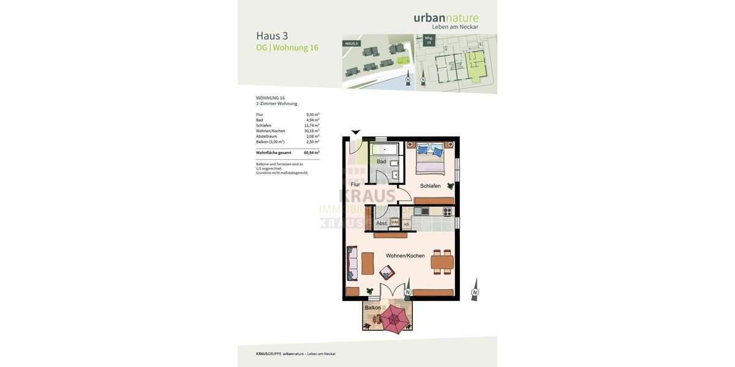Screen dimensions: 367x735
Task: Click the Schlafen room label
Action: [x=430, y=186]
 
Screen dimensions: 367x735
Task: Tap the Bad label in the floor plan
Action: [x=382, y=161]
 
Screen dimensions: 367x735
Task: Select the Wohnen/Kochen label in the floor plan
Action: [x=405, y=256]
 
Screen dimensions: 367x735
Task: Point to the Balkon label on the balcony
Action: [x=372, y=308]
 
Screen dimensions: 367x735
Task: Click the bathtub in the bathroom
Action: [x=385, y=149]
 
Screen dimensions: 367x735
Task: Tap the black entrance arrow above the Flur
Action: [x=355, y=132]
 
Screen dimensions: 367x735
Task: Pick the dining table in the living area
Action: [x=442, y=262]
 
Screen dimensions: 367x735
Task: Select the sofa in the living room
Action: [x=352, y=264]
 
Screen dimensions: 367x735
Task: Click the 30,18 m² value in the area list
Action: [x=312, y=131]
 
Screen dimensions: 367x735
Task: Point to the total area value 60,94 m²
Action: [x=311, y=153]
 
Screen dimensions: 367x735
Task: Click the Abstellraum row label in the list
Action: [x=266, y=136]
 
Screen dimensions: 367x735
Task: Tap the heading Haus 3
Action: [x=272, y=36]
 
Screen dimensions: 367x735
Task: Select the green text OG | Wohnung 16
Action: [x=287, y=48]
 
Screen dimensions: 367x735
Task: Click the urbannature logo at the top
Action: [x=446, y=18]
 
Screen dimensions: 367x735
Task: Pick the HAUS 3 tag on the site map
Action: [x=351, y=43]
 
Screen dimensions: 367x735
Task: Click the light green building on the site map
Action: [x=403, y=60]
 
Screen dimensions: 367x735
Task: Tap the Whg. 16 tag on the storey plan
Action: [x=429, y=40]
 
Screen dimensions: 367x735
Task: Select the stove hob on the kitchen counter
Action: [x=447, y=212]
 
